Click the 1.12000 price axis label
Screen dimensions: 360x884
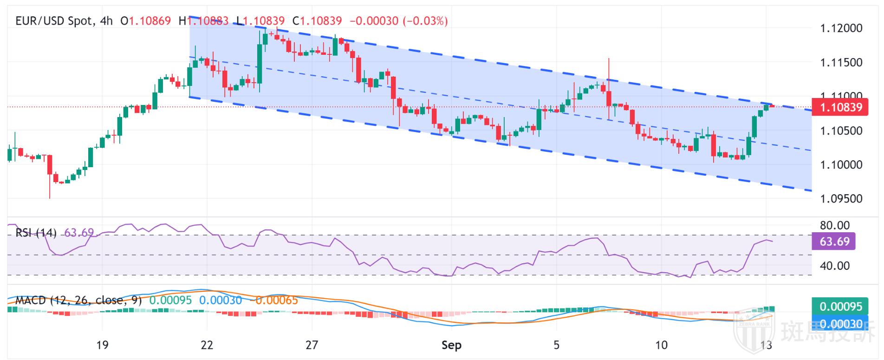(x=841, y=28)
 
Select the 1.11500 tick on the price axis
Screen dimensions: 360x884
(x=841, y=63)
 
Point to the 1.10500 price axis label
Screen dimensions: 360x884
(x=841, y=131)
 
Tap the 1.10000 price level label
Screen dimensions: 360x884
(x=841, y=165)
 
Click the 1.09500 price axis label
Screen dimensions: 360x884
(x=841, y=199)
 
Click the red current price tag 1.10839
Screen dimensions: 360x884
(x=841, y=108)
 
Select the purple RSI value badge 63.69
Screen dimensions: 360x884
(x=834, y=242)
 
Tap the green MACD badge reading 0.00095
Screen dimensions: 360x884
(x=840, y=307)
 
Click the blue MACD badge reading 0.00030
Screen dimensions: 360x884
(x=840, y=324)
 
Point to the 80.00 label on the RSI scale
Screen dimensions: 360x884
(x=834, y=226)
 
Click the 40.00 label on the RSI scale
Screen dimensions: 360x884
(x=834, y=266)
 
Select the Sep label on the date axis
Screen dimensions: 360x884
(x=451, y=345)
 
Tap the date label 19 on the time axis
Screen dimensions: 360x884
(x=102, y=345)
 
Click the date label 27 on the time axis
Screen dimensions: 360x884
(x=312, y=345)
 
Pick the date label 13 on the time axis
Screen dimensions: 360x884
(x=767, y=345)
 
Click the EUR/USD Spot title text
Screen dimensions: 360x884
(x=53, y=21)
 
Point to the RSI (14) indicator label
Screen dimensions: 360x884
(x=36, y=232)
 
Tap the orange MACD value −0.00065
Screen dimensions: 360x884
(x=274, y=301)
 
